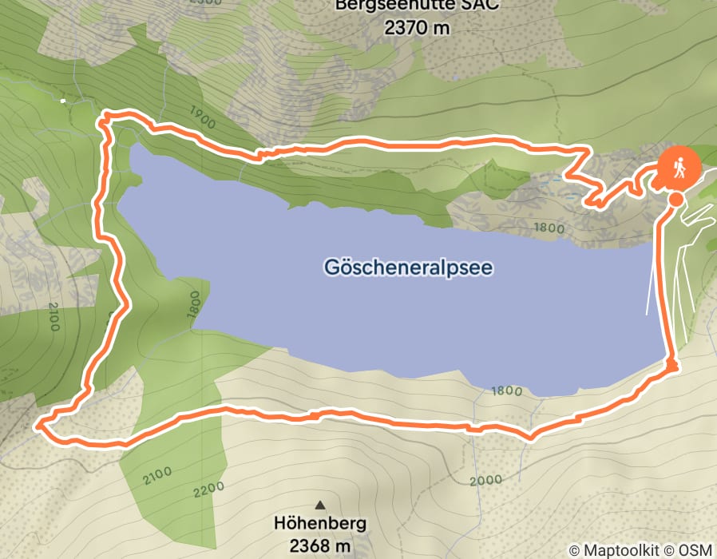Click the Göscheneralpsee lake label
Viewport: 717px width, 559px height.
coord(409,267)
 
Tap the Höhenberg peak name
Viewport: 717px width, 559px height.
coord(320,525)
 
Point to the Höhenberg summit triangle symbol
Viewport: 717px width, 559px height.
coord(320,505)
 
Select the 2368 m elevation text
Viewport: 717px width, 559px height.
coord(320,546)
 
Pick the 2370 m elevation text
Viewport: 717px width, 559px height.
coord(416,28)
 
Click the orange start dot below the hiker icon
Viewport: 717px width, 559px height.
coord(675,199)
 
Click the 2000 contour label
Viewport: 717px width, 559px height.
coord(486,479)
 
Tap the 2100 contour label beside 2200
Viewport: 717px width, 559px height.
coord(157,477)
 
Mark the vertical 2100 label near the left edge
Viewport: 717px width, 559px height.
coord(53,316)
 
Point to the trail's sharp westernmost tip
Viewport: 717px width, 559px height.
coord(37,427)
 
